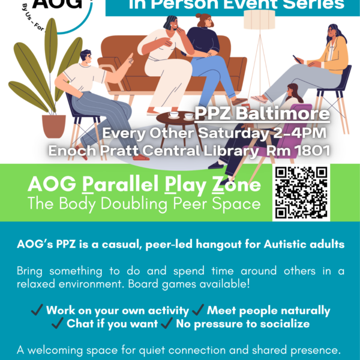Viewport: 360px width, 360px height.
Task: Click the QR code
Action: [301, 193]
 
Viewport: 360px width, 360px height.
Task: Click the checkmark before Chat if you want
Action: [58, 325]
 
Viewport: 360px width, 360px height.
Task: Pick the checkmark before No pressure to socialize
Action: [167, 325]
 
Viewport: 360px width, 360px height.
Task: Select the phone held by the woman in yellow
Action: [296, 58]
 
